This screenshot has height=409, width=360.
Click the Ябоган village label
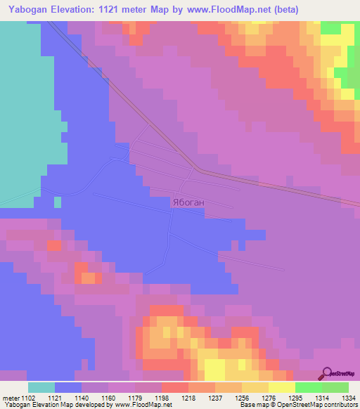pyautogui.click(x=188, y=202)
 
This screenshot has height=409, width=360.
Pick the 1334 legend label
pyautogui.click(x=348, y=398)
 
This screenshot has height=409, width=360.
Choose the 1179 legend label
pyautogui.click(x=136, y=398)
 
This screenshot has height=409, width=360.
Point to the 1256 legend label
pyautogui.click(x=243, y=398)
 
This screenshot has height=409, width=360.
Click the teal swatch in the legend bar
pyautogui.click(x=41, y=387)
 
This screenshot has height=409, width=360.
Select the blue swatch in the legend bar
pyautogui.click(x=68, y=387)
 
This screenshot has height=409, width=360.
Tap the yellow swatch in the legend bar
pyautogui.click(x=281, y=387)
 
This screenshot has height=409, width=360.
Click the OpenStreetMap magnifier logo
pyautogui.click(x=328, y=373)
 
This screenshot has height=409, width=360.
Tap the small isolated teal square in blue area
pyautogui.click(x=58, y=202)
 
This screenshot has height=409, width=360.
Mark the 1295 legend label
pyautogui.click(x=295, y=398)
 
